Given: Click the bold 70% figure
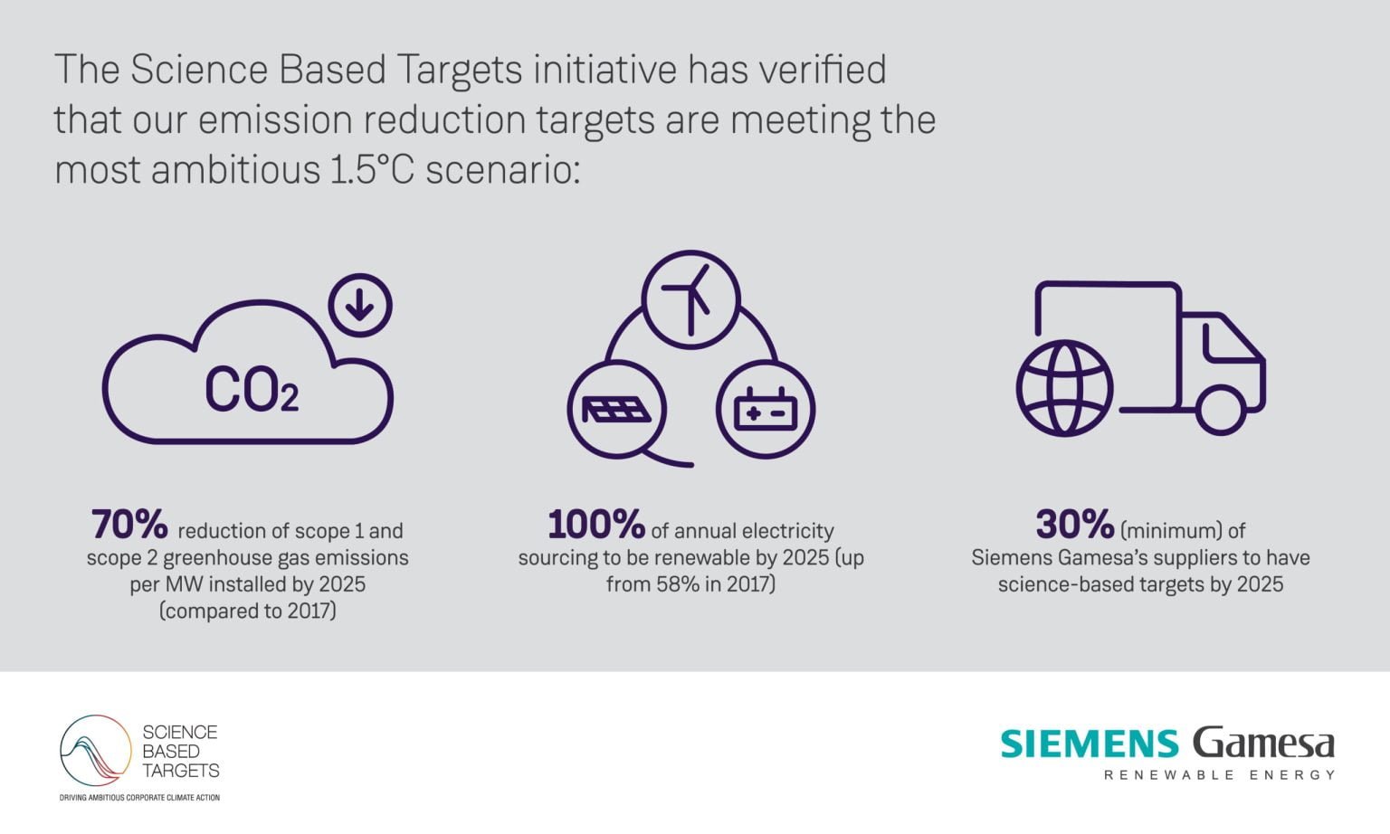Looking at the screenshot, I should coord(129,524).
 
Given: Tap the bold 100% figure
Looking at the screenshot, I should coord(595,524).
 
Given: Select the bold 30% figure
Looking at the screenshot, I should coord(1074,524).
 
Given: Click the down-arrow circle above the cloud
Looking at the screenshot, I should coord(360,306).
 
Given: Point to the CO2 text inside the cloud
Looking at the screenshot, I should coord(251,390).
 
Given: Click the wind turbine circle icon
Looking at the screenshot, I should coord(690,298).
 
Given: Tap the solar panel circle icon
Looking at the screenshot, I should coord(616,409).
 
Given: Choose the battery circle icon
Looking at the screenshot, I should coord(766,409).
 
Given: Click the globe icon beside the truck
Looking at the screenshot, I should coord(1064,388).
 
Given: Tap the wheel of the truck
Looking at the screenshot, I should coord(1220,409).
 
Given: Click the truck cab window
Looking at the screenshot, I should coord(1228,342).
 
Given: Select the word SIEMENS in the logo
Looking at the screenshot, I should coord(1090,744).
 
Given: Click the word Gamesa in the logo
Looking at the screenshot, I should coord(1263,744).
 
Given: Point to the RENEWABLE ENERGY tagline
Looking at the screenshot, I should coord(1219,775).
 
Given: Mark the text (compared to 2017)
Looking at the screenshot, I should coord(247,611).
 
